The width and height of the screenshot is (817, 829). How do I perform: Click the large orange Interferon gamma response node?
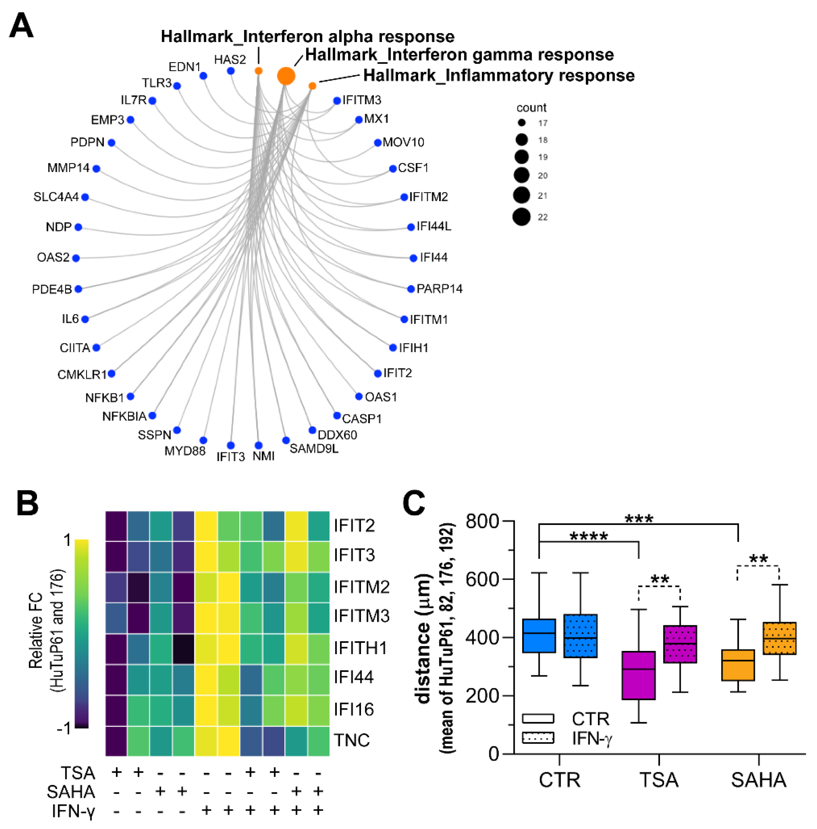click(x=286, y=76)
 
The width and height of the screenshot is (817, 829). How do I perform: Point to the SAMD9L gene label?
click(x=314, y=449)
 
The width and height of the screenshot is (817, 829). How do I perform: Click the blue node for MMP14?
click(x=96, y=169)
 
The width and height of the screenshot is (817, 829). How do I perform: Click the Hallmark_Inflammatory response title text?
click(x=499, y=75)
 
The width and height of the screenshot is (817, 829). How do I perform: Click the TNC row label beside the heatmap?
click(x=352, y=740)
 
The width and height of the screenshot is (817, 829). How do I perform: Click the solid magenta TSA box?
click(x=639, y=675)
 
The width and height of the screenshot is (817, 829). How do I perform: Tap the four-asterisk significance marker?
click(x=588, y=537)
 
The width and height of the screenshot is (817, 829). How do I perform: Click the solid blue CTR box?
click(x=539, y=636)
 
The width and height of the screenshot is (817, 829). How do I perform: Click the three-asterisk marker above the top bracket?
click(x=639, y=519)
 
